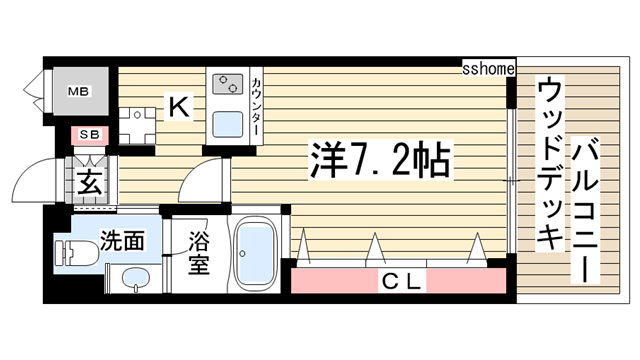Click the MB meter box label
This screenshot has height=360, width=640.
[78, 92]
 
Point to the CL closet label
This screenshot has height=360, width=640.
[401, 282]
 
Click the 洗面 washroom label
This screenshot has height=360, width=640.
[123, 241]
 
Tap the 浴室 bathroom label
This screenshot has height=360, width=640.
[199, 255]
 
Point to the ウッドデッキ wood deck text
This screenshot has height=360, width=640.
[549, 165]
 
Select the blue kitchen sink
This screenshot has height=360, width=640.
[226, 126]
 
